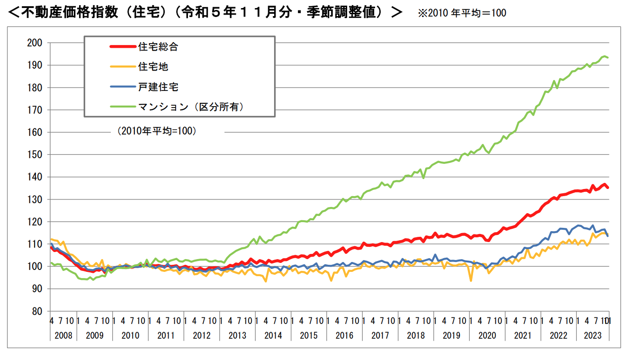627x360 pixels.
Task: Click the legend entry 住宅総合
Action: point(158,47)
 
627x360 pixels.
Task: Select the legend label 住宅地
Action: point(153,67)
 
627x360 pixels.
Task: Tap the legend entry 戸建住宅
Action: point(158,87)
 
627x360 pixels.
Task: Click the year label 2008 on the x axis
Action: point(63,335)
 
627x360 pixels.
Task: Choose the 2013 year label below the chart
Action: point(238,335)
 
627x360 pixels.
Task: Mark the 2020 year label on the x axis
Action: point(487,335)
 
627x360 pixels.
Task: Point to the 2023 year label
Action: point(592,335)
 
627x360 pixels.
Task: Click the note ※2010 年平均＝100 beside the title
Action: point(462,13)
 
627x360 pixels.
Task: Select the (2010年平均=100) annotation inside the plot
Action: point(157,131)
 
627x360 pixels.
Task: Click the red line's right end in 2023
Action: point(608,188)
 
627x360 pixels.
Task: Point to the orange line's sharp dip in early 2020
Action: point(471,281)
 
